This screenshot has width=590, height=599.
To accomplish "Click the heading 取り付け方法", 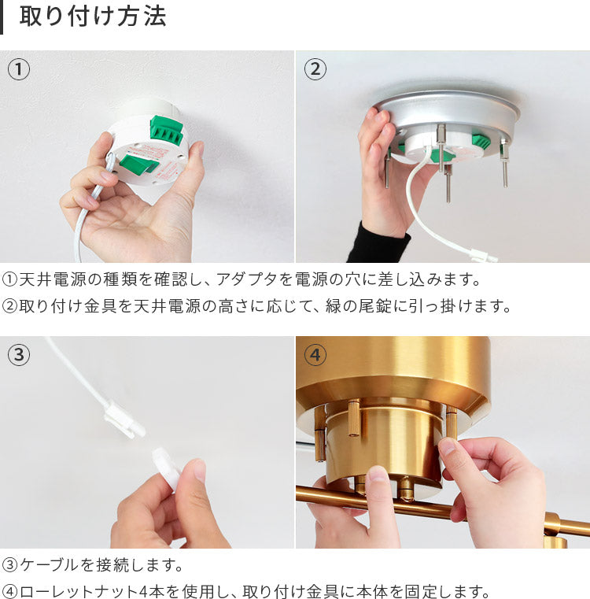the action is [x=93, y=17].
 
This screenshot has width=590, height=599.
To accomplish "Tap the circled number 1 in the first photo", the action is [x=19, y=69].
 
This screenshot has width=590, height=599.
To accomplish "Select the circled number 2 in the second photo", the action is [x=315, y=69].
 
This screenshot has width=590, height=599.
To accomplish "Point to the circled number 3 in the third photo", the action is [x=19, y=355].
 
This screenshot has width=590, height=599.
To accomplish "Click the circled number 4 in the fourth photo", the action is [x=315, y=355].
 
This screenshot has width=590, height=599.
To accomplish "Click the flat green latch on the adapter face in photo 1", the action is [x=138, y=164].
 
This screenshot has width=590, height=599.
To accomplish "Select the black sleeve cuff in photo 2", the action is [x=378, y=243].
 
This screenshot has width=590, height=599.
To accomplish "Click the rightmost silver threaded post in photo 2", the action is [x=504, y=163].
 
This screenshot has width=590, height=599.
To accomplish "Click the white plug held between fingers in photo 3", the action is [x=167, y=468].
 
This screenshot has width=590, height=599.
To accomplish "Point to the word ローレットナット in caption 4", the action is [x=79, y=591].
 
